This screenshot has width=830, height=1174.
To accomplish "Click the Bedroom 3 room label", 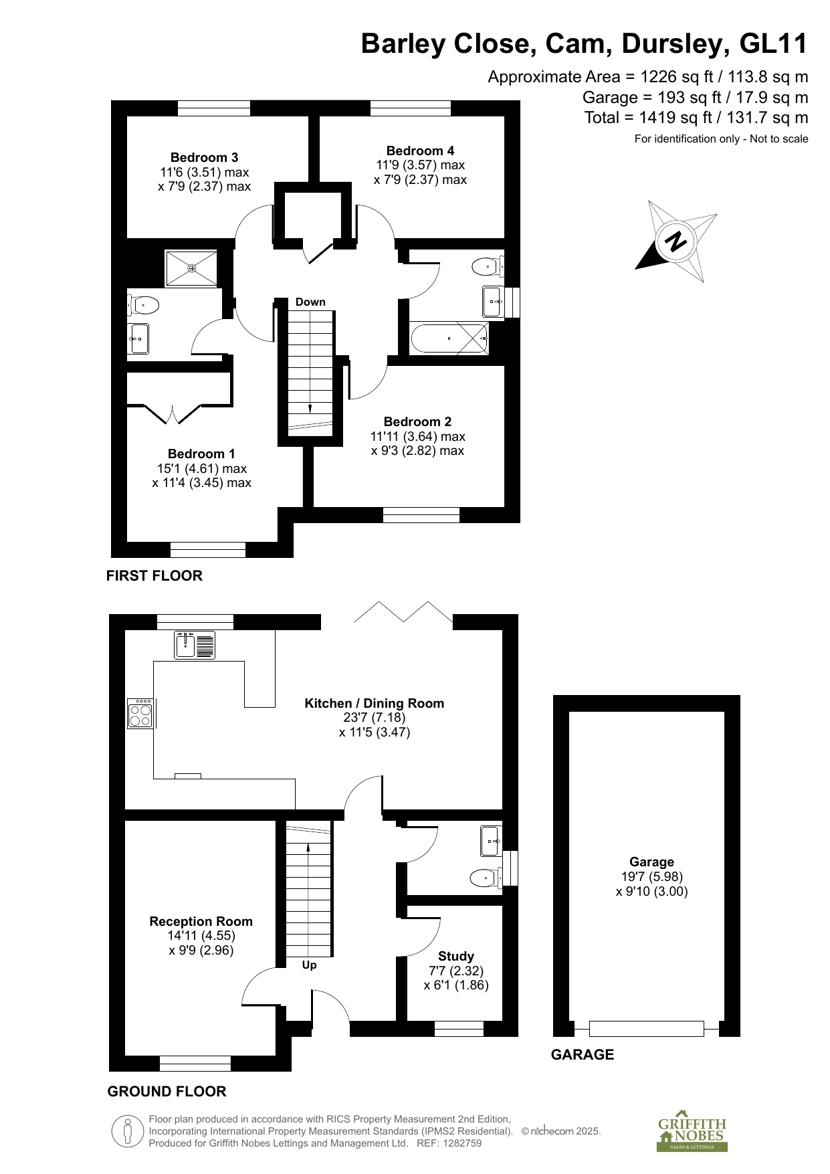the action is coord(204,158).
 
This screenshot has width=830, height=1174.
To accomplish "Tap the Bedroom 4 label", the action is coord(420,151).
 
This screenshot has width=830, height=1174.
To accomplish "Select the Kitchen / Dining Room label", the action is coord(375,703).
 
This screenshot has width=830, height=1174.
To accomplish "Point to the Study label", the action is coord(456,957).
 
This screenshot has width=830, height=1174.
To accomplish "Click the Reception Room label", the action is coord(201,921).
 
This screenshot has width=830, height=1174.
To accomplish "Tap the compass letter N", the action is coord(677,241).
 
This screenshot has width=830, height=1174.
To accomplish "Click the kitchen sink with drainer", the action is coord(195,645).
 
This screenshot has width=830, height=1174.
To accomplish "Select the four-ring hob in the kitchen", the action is coord(140,713).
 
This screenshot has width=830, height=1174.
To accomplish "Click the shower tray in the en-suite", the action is coord(191,268).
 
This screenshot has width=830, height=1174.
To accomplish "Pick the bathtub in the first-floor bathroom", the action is coord(449,338).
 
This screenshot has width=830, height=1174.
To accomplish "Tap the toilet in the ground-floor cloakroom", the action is coord(487,877).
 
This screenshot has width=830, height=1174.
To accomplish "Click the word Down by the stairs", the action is coord(310,302).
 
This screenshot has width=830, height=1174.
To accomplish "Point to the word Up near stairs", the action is coord(309,965).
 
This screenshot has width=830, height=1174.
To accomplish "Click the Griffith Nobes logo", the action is coord(692,1134).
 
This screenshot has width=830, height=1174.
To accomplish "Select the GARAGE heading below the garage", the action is coord(583,1054).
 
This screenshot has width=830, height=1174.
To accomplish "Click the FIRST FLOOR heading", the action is coord(154,575).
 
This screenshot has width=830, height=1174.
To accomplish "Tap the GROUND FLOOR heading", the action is coord(167,1091).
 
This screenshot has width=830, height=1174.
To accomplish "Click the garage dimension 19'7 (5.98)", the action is coord(652,876).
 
